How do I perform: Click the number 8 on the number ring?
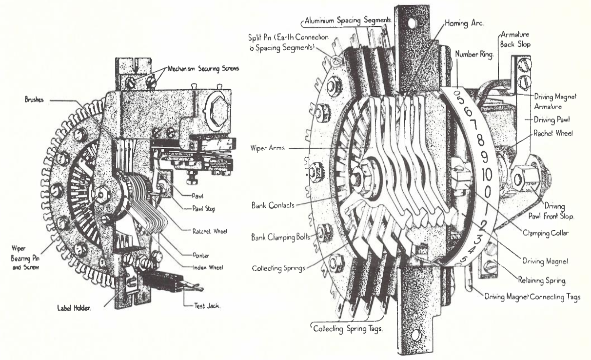(481, 142)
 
